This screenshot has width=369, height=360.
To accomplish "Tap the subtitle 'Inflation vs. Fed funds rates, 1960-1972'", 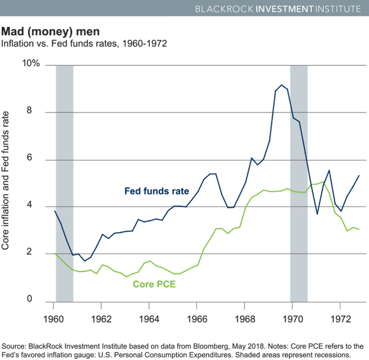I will tap(84, 43).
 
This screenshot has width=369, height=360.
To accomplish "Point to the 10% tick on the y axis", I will tap(31, 64).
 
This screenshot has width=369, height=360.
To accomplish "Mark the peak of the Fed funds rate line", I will tap(281, 86).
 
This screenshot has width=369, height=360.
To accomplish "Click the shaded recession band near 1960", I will tap(64, 179).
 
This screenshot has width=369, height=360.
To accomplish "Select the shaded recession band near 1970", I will tap(299, 179).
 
